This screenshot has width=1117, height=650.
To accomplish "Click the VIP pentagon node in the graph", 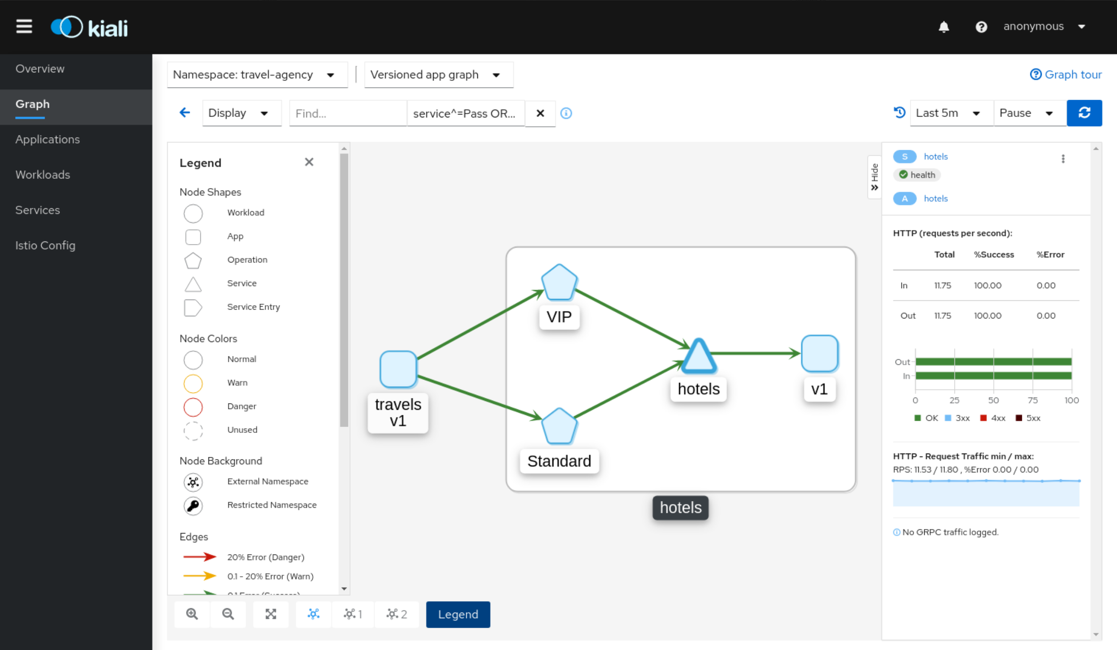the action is click(x=559, y=283).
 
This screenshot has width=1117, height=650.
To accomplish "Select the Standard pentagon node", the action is click(x=559, y=426).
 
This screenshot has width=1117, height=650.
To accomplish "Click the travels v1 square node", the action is click(x=398, y=369).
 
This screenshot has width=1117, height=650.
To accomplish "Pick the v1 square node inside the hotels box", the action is click(x=819, y=353).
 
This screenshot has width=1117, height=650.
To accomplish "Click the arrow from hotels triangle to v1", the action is click(x=756, y=353).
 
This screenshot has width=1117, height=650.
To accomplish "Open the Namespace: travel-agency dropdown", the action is click(x=257, y=75).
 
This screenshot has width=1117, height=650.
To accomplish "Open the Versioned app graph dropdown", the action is click(x=439, y=75).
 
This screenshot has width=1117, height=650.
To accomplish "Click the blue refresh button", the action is click(x=1084, y=113).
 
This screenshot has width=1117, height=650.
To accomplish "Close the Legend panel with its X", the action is click(x=309, y=162).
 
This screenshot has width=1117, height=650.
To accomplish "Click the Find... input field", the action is click(x=348, y=114).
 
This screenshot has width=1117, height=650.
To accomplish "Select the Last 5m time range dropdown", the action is click(x=952, y=113).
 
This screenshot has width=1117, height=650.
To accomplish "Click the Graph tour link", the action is click(x=1066, y=74).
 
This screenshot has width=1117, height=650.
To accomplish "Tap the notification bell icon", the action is click(x=944, y=27).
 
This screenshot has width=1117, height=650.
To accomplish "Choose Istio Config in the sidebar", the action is click(x=45, y=245).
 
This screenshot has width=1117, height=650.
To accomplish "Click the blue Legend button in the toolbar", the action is click(x=458, y=614).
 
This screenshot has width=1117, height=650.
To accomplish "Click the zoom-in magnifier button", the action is click(x=192, y=614).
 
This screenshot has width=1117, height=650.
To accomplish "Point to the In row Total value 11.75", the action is click(x=943, y=285).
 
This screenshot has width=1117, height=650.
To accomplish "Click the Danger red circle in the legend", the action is click(x=193, y=407).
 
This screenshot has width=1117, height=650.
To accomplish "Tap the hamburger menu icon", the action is click(x=24, y=27).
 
